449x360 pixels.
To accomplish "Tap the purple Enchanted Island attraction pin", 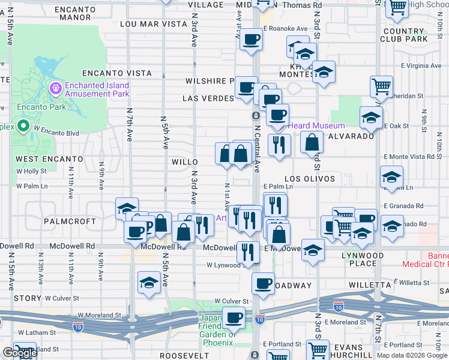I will (x=56, y=89).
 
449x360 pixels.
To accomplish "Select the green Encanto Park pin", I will (x=23, y=126).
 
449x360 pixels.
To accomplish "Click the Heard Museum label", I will (x=316, y=125).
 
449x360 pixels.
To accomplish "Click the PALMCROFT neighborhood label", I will (x=70, y=221).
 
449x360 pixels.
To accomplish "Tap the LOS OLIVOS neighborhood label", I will (x=310, y=179).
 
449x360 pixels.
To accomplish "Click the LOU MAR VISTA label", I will (x=154, y=24).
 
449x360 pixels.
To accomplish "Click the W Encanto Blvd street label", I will (x=56, y=130).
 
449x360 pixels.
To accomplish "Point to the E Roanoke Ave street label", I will (x=285, y=29).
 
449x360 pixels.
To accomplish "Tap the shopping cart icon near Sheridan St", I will (x=381, y=86).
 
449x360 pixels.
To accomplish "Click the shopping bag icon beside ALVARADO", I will (x=312, y=143).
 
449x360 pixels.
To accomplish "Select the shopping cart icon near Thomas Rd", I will (x=397, y=7).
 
